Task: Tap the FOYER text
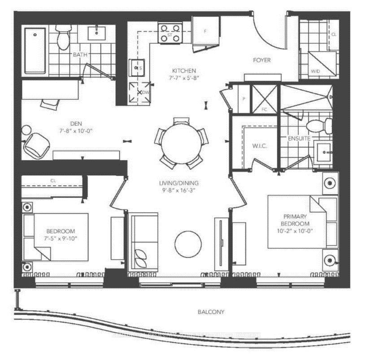tap(262, 60)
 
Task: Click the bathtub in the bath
tap(35, 51)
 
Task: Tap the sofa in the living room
tap(144, 242)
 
